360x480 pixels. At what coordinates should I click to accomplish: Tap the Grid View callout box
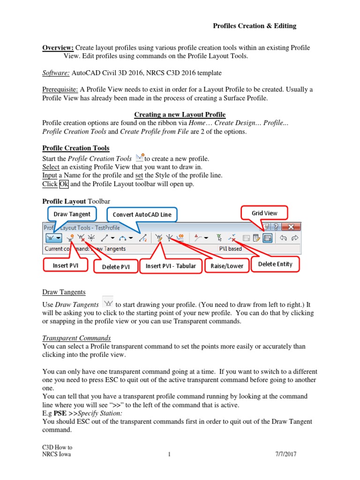tap(264, 213)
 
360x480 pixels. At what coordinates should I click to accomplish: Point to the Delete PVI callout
tap(115, 267)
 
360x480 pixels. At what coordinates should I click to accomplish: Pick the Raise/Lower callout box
tap(227, 266)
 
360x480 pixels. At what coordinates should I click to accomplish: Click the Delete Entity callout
tap(275, 264)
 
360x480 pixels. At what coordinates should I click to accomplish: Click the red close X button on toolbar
tap(291, 227)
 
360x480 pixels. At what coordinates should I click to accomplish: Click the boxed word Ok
tap(64, 184)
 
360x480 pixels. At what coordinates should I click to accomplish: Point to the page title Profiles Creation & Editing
tap(255, 26)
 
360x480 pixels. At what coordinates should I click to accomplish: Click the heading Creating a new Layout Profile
tap(180, 114)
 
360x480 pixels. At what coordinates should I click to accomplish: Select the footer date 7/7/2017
tap(286, 454)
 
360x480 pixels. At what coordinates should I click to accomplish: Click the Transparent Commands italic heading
tap(76, 338)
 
